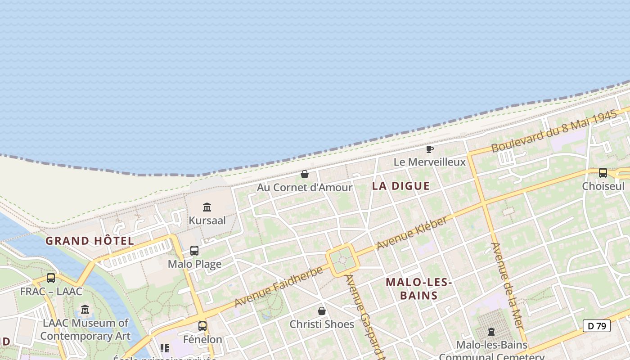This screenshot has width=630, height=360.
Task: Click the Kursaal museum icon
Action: [207, 207]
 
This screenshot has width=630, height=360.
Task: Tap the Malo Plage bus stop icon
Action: [194, 251]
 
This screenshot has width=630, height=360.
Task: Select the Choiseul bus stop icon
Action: [603, 173]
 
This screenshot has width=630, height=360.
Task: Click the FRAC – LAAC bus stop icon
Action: [51, 279]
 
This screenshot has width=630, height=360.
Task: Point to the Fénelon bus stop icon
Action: [202, 326]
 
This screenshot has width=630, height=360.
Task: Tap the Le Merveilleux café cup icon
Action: [430, 149]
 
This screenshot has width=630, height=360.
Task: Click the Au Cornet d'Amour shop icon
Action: [305, 174]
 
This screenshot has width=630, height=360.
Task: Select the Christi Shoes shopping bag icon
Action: [322, 311]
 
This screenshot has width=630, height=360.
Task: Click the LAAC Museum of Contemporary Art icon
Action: [85, 310]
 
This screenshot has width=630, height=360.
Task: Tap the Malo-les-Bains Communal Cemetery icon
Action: [491, 332]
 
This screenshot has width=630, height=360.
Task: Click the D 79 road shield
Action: [597, 326]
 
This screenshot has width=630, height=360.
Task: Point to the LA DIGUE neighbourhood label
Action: [401, 186]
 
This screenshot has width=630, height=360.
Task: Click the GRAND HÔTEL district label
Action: [90, 241]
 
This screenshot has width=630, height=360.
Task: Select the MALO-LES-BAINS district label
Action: [419, 289]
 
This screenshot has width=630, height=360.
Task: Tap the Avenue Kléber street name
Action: [412, 233]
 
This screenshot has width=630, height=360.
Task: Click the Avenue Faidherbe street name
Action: [279, 286]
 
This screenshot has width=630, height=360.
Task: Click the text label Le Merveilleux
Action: [430, 162]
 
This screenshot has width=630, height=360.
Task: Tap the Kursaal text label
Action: [207, 220]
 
